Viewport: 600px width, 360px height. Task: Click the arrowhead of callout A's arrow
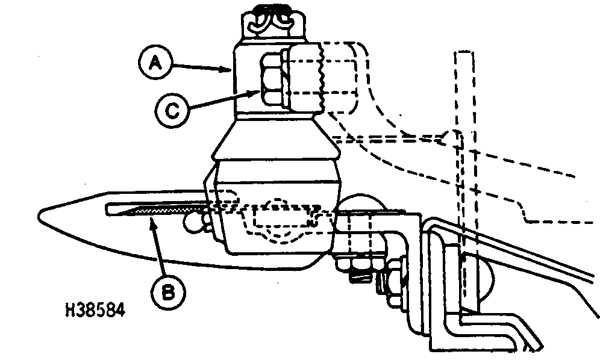point(232,70)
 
